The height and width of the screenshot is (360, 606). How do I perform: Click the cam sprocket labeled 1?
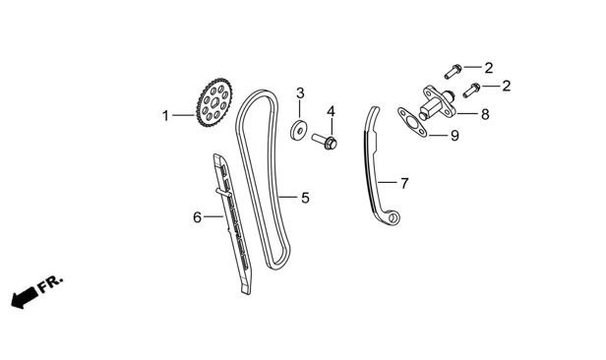coord(214,102)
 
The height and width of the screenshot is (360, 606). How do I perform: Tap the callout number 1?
coord(166,115)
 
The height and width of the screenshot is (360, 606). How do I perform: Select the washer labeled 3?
coord(298,130)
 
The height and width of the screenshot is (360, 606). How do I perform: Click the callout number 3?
coord(300,93)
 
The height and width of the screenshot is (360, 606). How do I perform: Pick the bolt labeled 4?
coord(325,141)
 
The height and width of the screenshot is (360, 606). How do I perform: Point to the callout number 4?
coord(331,111)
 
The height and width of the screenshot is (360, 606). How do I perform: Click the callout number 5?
coord(305,198)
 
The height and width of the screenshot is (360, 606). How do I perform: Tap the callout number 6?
coord(197,217)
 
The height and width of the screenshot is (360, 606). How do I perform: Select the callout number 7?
coord(404,184)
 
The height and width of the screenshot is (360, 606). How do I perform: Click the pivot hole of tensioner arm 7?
coord(393,217)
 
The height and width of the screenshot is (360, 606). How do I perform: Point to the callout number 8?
coord(485,114)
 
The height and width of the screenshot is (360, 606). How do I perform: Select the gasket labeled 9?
coord(412,122)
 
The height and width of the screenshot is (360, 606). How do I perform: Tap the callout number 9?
coord(454,136)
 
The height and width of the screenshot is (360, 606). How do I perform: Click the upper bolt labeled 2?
coord(453,72)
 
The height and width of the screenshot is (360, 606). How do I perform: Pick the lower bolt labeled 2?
coord(471,90)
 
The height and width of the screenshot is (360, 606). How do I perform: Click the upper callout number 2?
coord(489,68)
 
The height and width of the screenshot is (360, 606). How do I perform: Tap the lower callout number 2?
coord(507,86)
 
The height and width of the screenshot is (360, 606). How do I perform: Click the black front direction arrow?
coord(24,298)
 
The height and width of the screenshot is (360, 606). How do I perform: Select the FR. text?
coord(50,284)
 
